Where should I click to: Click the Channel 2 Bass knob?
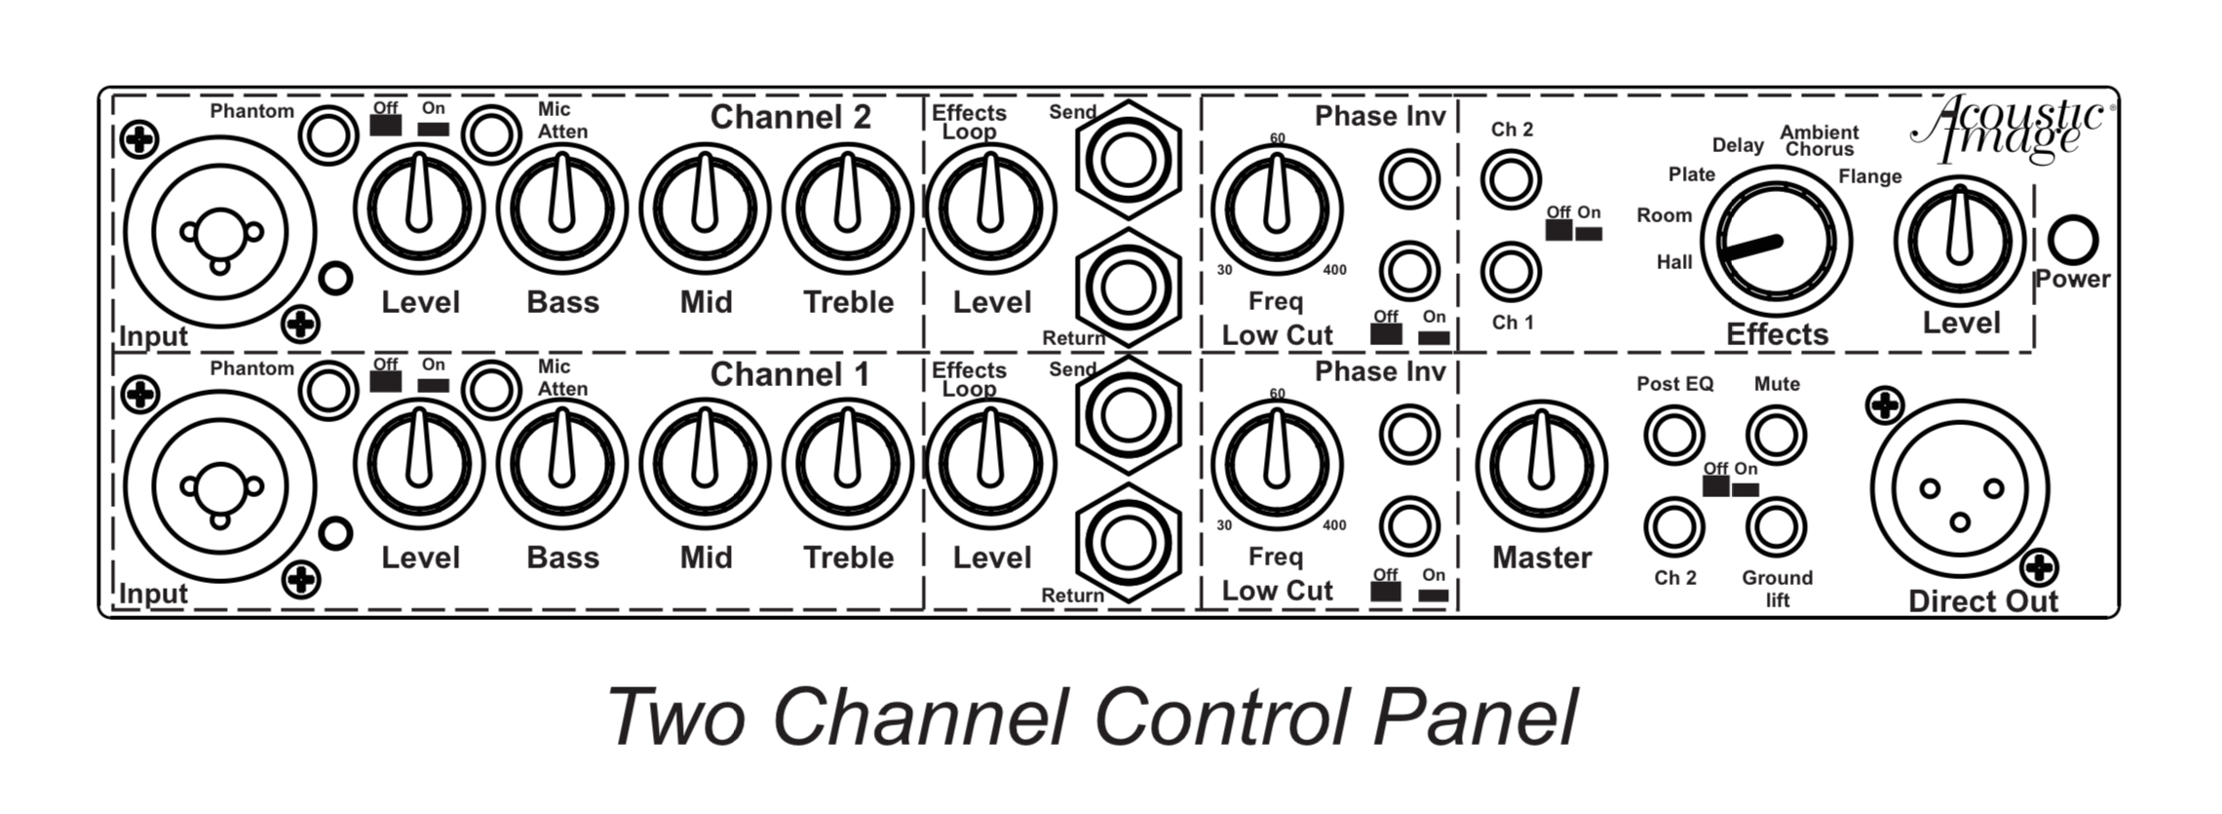pyautogui.click(x=562, y=209)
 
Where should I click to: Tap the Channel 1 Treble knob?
pyautogui.click(x=848, y=464)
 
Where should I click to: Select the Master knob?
pyautogui.click(x=1541, y=465)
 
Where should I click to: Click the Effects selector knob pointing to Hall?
pyautogui.click(x=1776, y=240)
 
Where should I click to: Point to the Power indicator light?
pyautogui.click(x=2072, y=240)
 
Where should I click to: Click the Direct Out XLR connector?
pyautogui.click(x=1959, y=490)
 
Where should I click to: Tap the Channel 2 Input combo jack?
pyautogui.click(x=220, y=231)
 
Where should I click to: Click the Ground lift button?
pyautogui.click(x=1776, y=526)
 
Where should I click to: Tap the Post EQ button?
pyautogui.click(x=1673, y=435)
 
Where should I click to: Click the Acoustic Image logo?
pyautogui.click(x=2010, y=128)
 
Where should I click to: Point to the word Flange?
pyautogui.click(x=1870, y=176)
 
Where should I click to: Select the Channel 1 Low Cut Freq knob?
pyautogui.click(x=1276, y=464)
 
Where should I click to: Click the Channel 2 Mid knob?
pyautogui.click(x=705, y=209)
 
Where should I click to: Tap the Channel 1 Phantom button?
pyautogui.click(x=328, y=391)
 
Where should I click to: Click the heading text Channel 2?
pyautogui.click(x=790, y=117)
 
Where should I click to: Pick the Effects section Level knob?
pyautogui.click(x=1959, y=240)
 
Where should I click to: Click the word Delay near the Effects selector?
pyautogui.click(x=1738, y=145)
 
